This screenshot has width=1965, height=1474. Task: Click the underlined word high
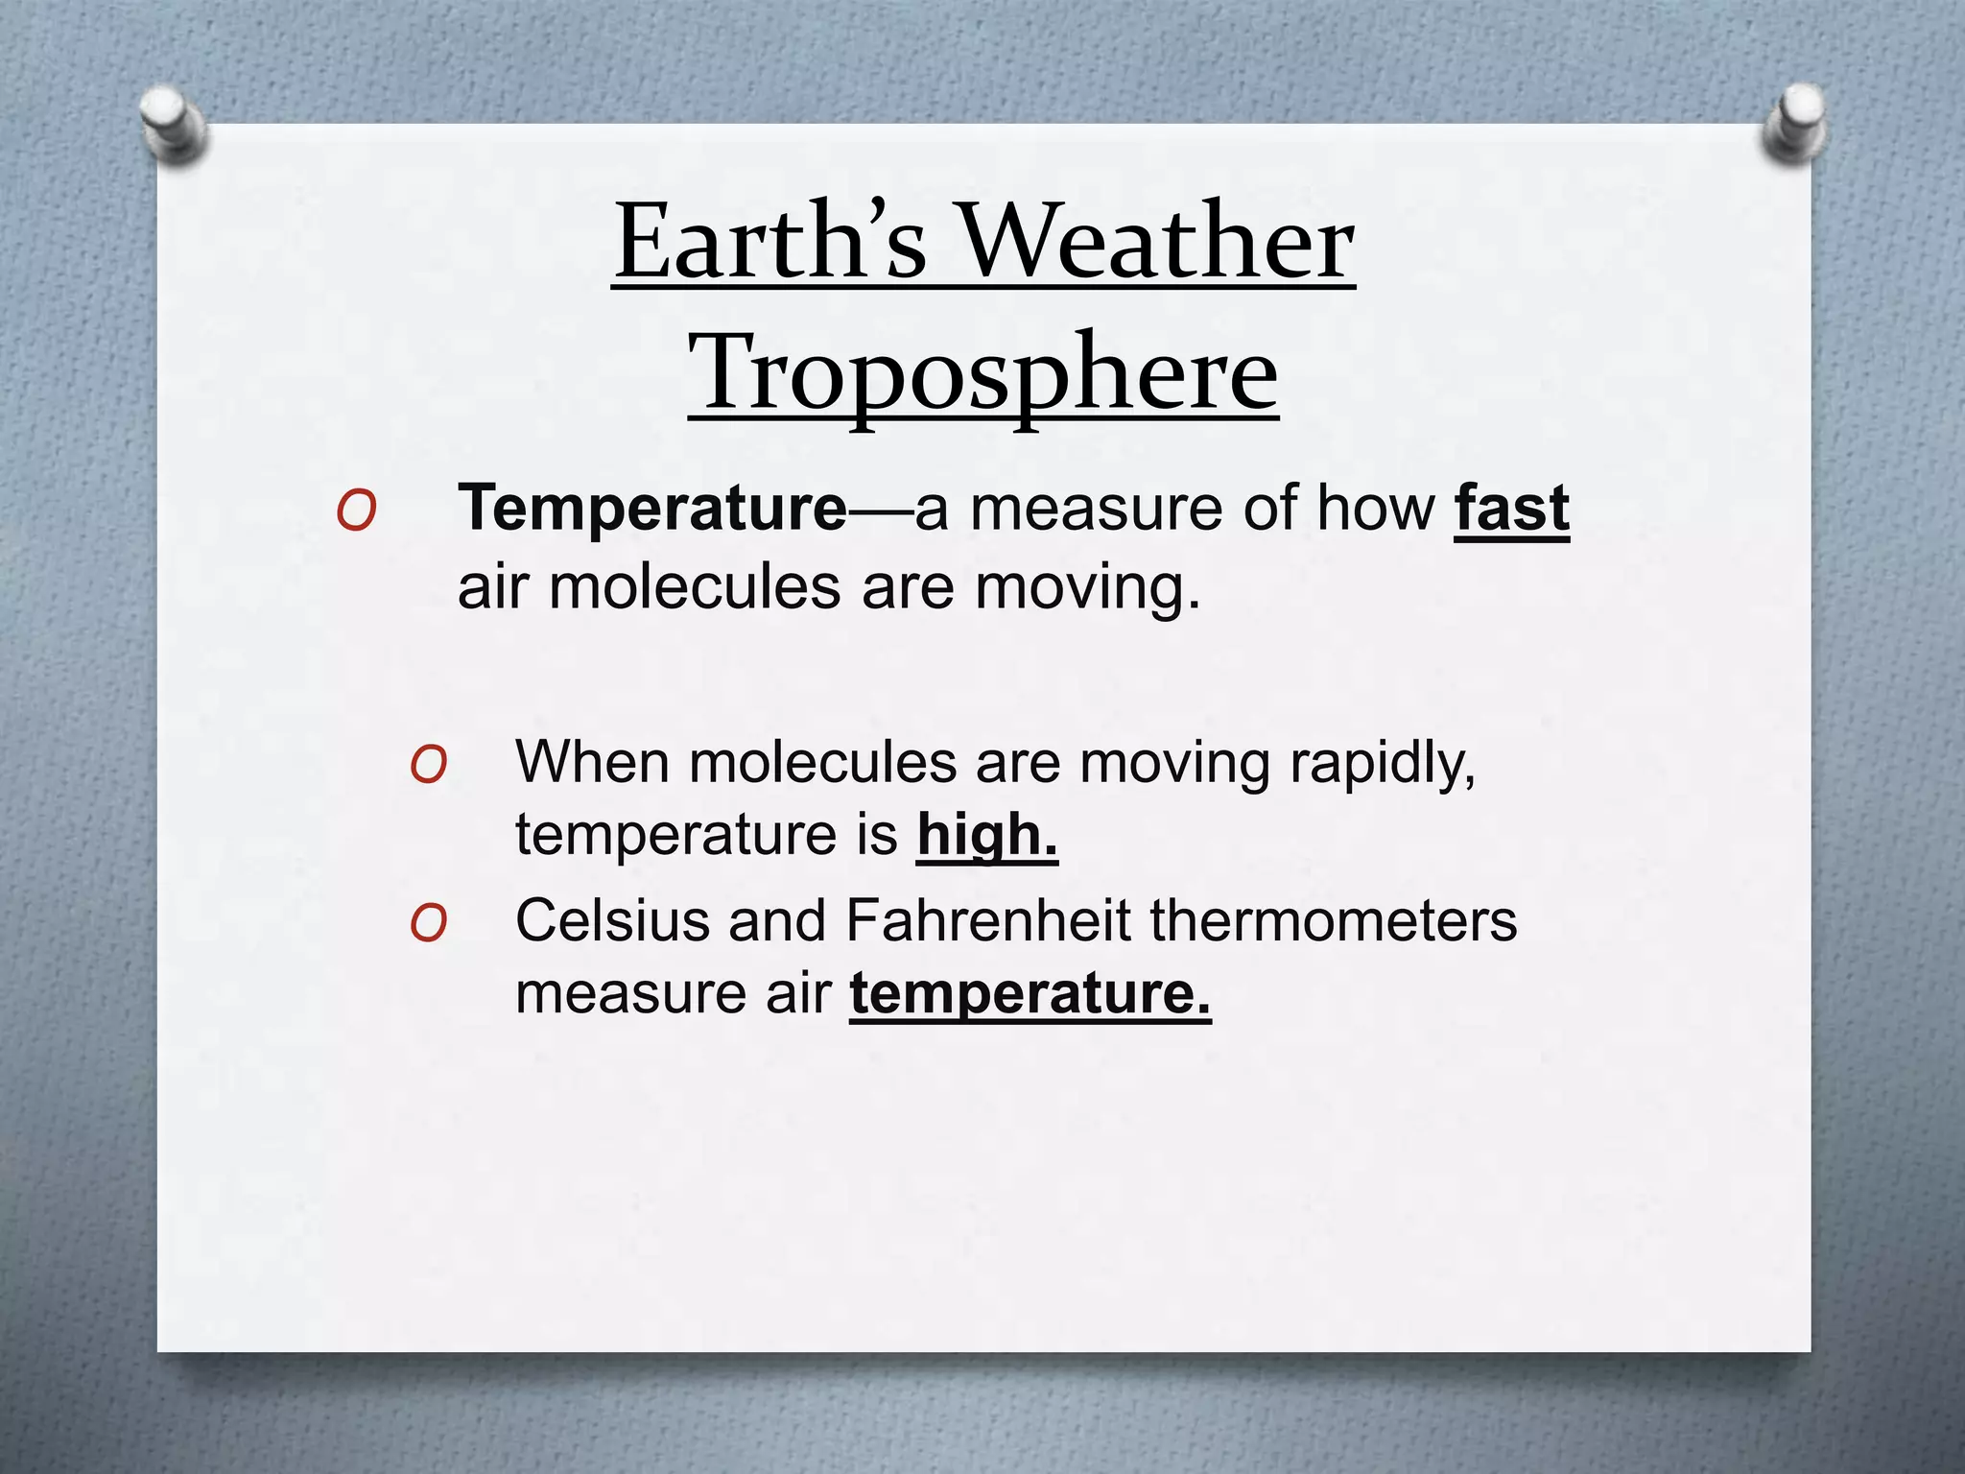click(986, 834)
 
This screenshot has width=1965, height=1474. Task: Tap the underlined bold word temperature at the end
click(1030, 992)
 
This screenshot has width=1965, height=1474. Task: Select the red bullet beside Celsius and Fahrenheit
click(428, 925)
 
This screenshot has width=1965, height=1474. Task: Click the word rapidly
click(1382, 763)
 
